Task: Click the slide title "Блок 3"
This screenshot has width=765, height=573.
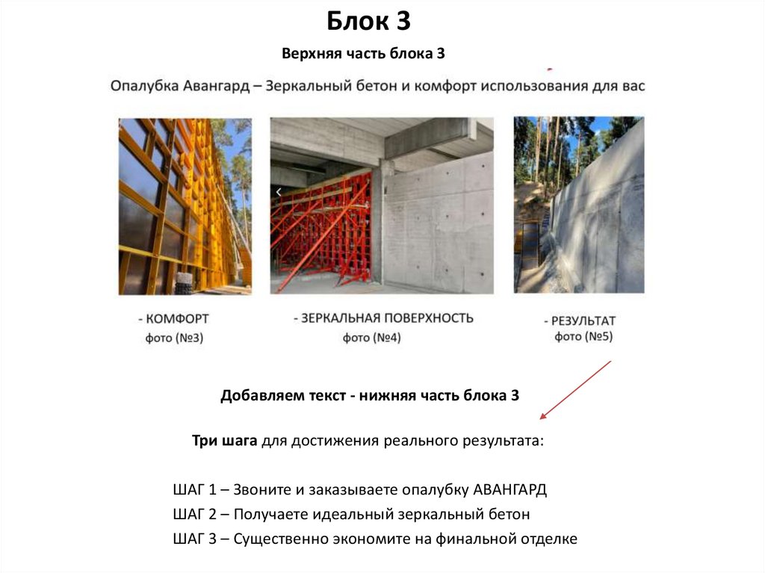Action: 369,22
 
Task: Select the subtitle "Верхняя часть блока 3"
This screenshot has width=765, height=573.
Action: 364,54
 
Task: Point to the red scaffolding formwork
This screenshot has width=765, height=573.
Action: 322,228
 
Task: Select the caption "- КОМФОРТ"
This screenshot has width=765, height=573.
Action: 173,319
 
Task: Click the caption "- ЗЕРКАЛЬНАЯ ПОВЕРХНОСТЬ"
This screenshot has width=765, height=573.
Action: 382,318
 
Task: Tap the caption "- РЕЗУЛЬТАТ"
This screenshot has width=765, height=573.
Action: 579,320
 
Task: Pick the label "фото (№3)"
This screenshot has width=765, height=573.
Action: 174,338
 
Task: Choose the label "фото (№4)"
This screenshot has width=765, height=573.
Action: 372,338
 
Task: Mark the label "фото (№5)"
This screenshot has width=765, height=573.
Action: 583,337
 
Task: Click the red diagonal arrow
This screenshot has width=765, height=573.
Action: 575,389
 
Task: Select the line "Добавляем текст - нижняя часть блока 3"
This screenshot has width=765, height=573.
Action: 369,396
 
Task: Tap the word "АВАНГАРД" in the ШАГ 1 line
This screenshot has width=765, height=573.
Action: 510,491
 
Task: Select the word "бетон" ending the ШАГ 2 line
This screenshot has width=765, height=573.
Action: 510,515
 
